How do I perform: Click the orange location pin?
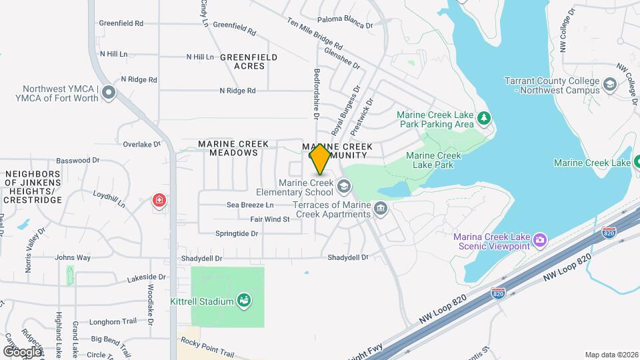[x=321, y=159]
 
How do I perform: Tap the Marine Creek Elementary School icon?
[x=345, y=186]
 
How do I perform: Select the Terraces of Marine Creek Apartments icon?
[x=381, y=209]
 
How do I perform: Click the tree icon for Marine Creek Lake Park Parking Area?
[x=485, y=119]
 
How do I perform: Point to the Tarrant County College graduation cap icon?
[x=609, y=85]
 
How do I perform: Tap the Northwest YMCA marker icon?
[x=109, y=93]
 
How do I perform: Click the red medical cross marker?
[x=159, y=200]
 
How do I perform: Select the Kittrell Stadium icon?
[x=245, y=301]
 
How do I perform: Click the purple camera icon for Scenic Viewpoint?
[x=541, y=239]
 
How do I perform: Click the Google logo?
[x=22, y=351]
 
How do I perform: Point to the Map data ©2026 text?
[x=611, y=355]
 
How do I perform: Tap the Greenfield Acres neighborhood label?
[x=248, y=61]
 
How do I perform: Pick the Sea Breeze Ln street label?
[x=250, y=205]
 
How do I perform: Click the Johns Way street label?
[x=73, y=257]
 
